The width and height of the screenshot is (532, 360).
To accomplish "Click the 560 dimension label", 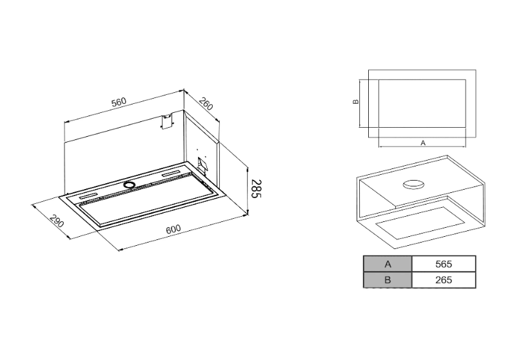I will [119, 101].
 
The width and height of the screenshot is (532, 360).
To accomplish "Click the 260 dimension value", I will [205, 103].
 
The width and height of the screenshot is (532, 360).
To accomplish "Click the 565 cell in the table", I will [443, 264].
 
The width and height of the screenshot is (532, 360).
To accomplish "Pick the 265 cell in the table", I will [443, 280].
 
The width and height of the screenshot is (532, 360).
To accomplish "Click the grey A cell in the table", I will [387, 264].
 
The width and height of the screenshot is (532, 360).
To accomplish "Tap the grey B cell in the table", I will [387, 280].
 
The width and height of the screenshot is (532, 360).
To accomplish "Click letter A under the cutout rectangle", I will [423, 142].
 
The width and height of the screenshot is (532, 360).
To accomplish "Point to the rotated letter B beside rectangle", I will [355, 102].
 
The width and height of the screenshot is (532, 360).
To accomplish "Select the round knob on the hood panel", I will [130, 185].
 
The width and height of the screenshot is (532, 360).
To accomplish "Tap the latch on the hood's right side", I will [202, 166].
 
